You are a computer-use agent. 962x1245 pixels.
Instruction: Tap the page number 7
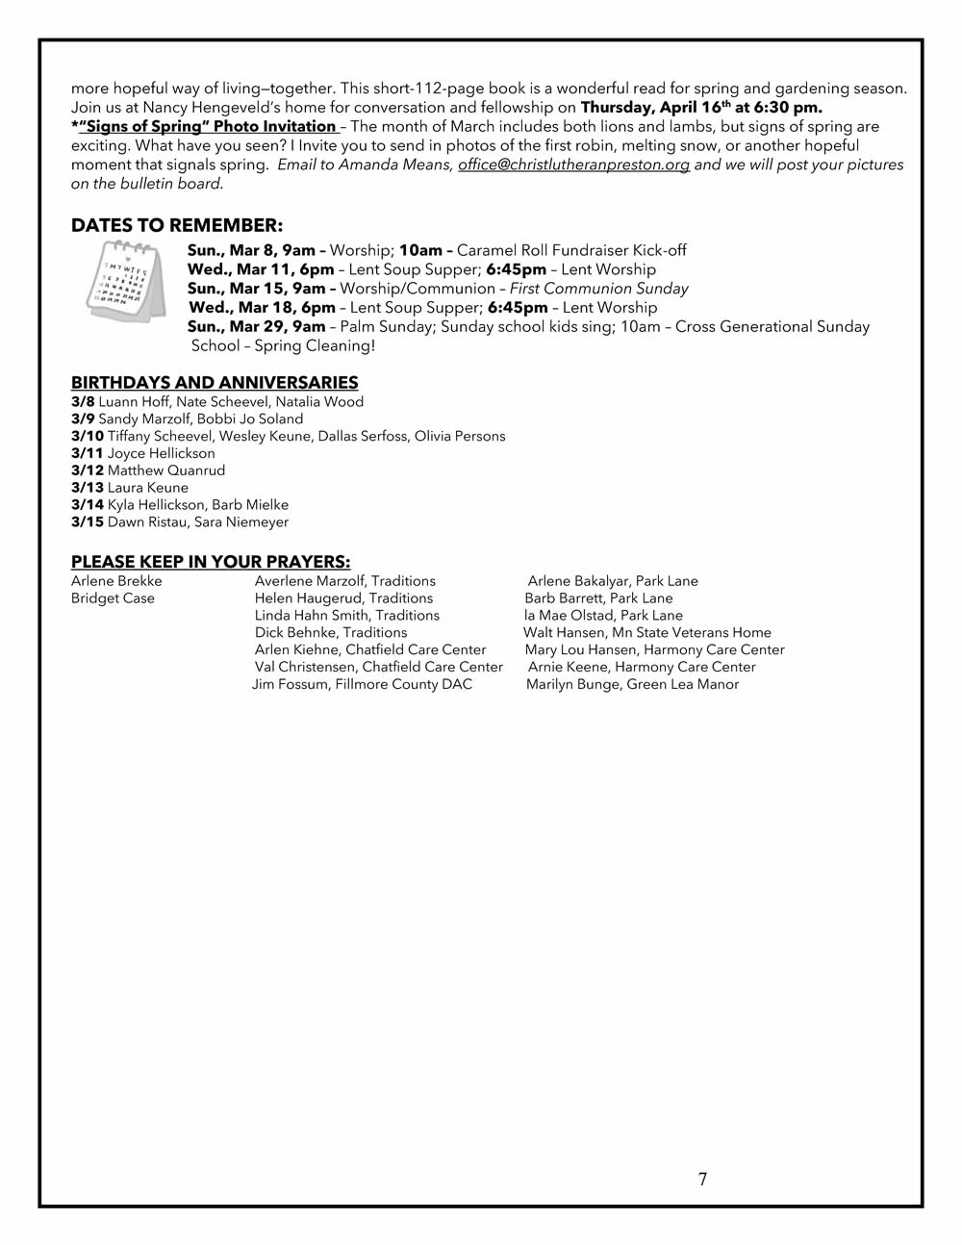tap(702, 1180)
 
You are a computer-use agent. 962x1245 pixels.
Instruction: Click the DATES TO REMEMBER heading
tap(177, 225)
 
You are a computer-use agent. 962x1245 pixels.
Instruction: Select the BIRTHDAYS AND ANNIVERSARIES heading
tap(215, 383)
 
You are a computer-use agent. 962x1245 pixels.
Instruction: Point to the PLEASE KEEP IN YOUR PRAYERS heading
tap(211, 562)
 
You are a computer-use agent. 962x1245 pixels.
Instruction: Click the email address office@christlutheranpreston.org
tap(573, 165)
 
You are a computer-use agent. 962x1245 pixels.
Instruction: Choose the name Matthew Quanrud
tap(166, 470)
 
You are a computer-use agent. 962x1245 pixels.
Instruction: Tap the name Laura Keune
tap(148, 488)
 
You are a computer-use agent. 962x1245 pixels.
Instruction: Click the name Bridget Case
tap(113, 598)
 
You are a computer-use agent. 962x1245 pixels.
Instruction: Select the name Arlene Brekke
tap(116, 581)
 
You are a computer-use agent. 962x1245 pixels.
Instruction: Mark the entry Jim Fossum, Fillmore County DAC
tap(362, 685)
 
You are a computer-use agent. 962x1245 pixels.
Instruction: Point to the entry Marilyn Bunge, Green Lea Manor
tap(632, 685)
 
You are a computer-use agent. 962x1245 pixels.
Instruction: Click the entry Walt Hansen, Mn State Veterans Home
tap(647, 633)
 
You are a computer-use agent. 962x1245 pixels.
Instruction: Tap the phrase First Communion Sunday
tap(598, 289)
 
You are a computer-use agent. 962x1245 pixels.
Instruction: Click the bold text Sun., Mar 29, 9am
tap(256, 327)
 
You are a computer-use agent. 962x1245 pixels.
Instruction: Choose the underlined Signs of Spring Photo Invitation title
tap(207, 127)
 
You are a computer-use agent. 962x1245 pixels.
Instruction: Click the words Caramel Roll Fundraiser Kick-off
tap(571, 251)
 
